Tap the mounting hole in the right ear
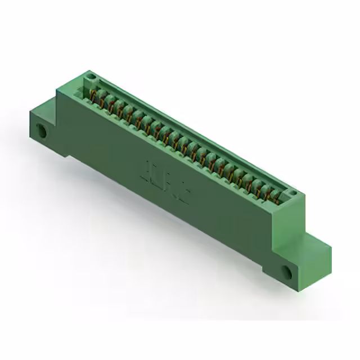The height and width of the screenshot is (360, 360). pos(287,273)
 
